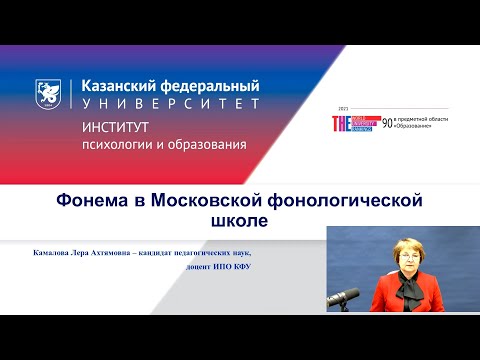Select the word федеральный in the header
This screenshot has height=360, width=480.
[x=208, y=86]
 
